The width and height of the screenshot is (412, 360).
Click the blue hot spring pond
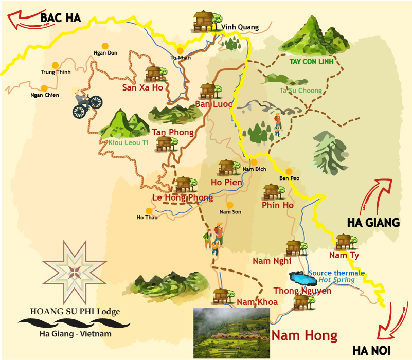tap(302, 278)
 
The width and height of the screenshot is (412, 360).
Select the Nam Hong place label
tap(304, 336)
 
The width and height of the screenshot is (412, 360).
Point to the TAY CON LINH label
tap(312, 62)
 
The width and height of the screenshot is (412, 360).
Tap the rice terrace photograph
tap(231, 333)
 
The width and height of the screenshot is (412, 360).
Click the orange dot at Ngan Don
tap(105, 45)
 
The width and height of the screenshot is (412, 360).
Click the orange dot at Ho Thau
tap(149, 210)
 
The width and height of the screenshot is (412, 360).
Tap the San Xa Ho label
tap(142, 87)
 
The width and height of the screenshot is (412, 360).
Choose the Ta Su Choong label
tap(300, 91)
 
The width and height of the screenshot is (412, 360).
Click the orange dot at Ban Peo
tap(289, 172)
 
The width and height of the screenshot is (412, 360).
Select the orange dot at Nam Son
tap(230, 205)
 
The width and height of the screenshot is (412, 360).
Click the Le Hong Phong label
tap(182, 197)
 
